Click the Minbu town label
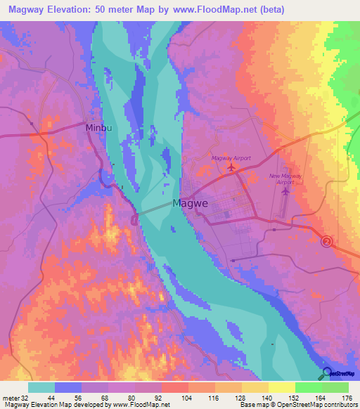pyautogui.click(x=98, y=129)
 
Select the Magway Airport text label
pyautogui.click(x=231, y=158)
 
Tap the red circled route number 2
pyautogui.click(x=327, y=242)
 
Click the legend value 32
pyautogui.click(x=25, y=397)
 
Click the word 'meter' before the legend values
pyautogui.click(x=10, y=397)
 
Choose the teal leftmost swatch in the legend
pyautogui.click(x=41, y=387)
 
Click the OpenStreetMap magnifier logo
pyautogui.click(x=327, y=372)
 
